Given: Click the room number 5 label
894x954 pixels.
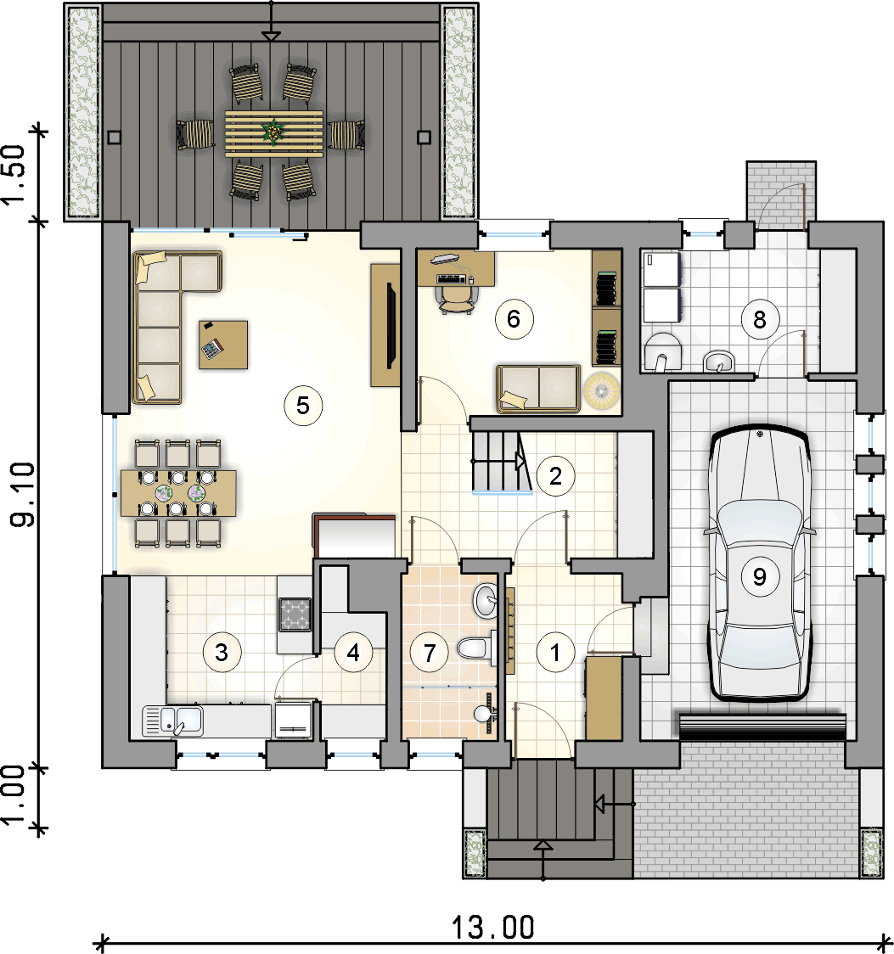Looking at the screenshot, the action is point(303,406).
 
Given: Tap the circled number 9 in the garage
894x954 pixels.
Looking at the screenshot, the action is point(760,577).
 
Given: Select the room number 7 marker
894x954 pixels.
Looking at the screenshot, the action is point(430,653).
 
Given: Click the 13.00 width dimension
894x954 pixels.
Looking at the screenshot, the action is point(493,928).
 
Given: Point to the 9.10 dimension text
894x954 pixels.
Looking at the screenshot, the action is point(23,494).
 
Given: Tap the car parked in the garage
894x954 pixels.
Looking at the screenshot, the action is point(760,563).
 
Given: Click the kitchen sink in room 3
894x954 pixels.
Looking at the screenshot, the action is point(173,721).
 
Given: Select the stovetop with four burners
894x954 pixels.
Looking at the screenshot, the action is point(295,614).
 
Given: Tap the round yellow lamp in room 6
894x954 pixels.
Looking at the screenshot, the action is point(602,390).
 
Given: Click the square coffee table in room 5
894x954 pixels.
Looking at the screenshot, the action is point(223,345).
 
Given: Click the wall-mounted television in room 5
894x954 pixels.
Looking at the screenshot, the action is point(391,326).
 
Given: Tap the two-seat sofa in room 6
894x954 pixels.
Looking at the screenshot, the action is point(538,389).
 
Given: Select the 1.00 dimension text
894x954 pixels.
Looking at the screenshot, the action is point(14,795).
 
